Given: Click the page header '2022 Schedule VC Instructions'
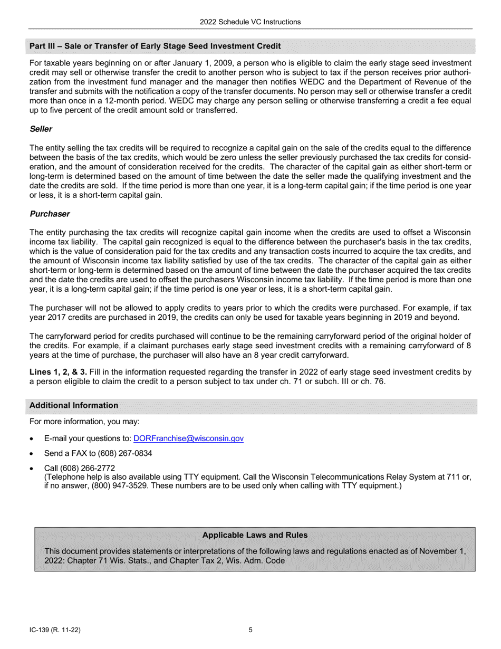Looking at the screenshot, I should [250, 22].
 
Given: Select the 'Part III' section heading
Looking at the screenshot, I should [155, 46].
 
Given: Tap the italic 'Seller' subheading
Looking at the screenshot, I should [41, 129].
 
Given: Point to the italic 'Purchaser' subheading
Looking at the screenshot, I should [50, 214].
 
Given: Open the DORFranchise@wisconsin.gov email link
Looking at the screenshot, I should [188, 438].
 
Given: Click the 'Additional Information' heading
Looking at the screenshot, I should [74, 405].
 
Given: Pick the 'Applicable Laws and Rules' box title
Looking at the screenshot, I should [255, 535].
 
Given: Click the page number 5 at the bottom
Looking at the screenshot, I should [250, 629].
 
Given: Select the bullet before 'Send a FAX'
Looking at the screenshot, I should [33, 454].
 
